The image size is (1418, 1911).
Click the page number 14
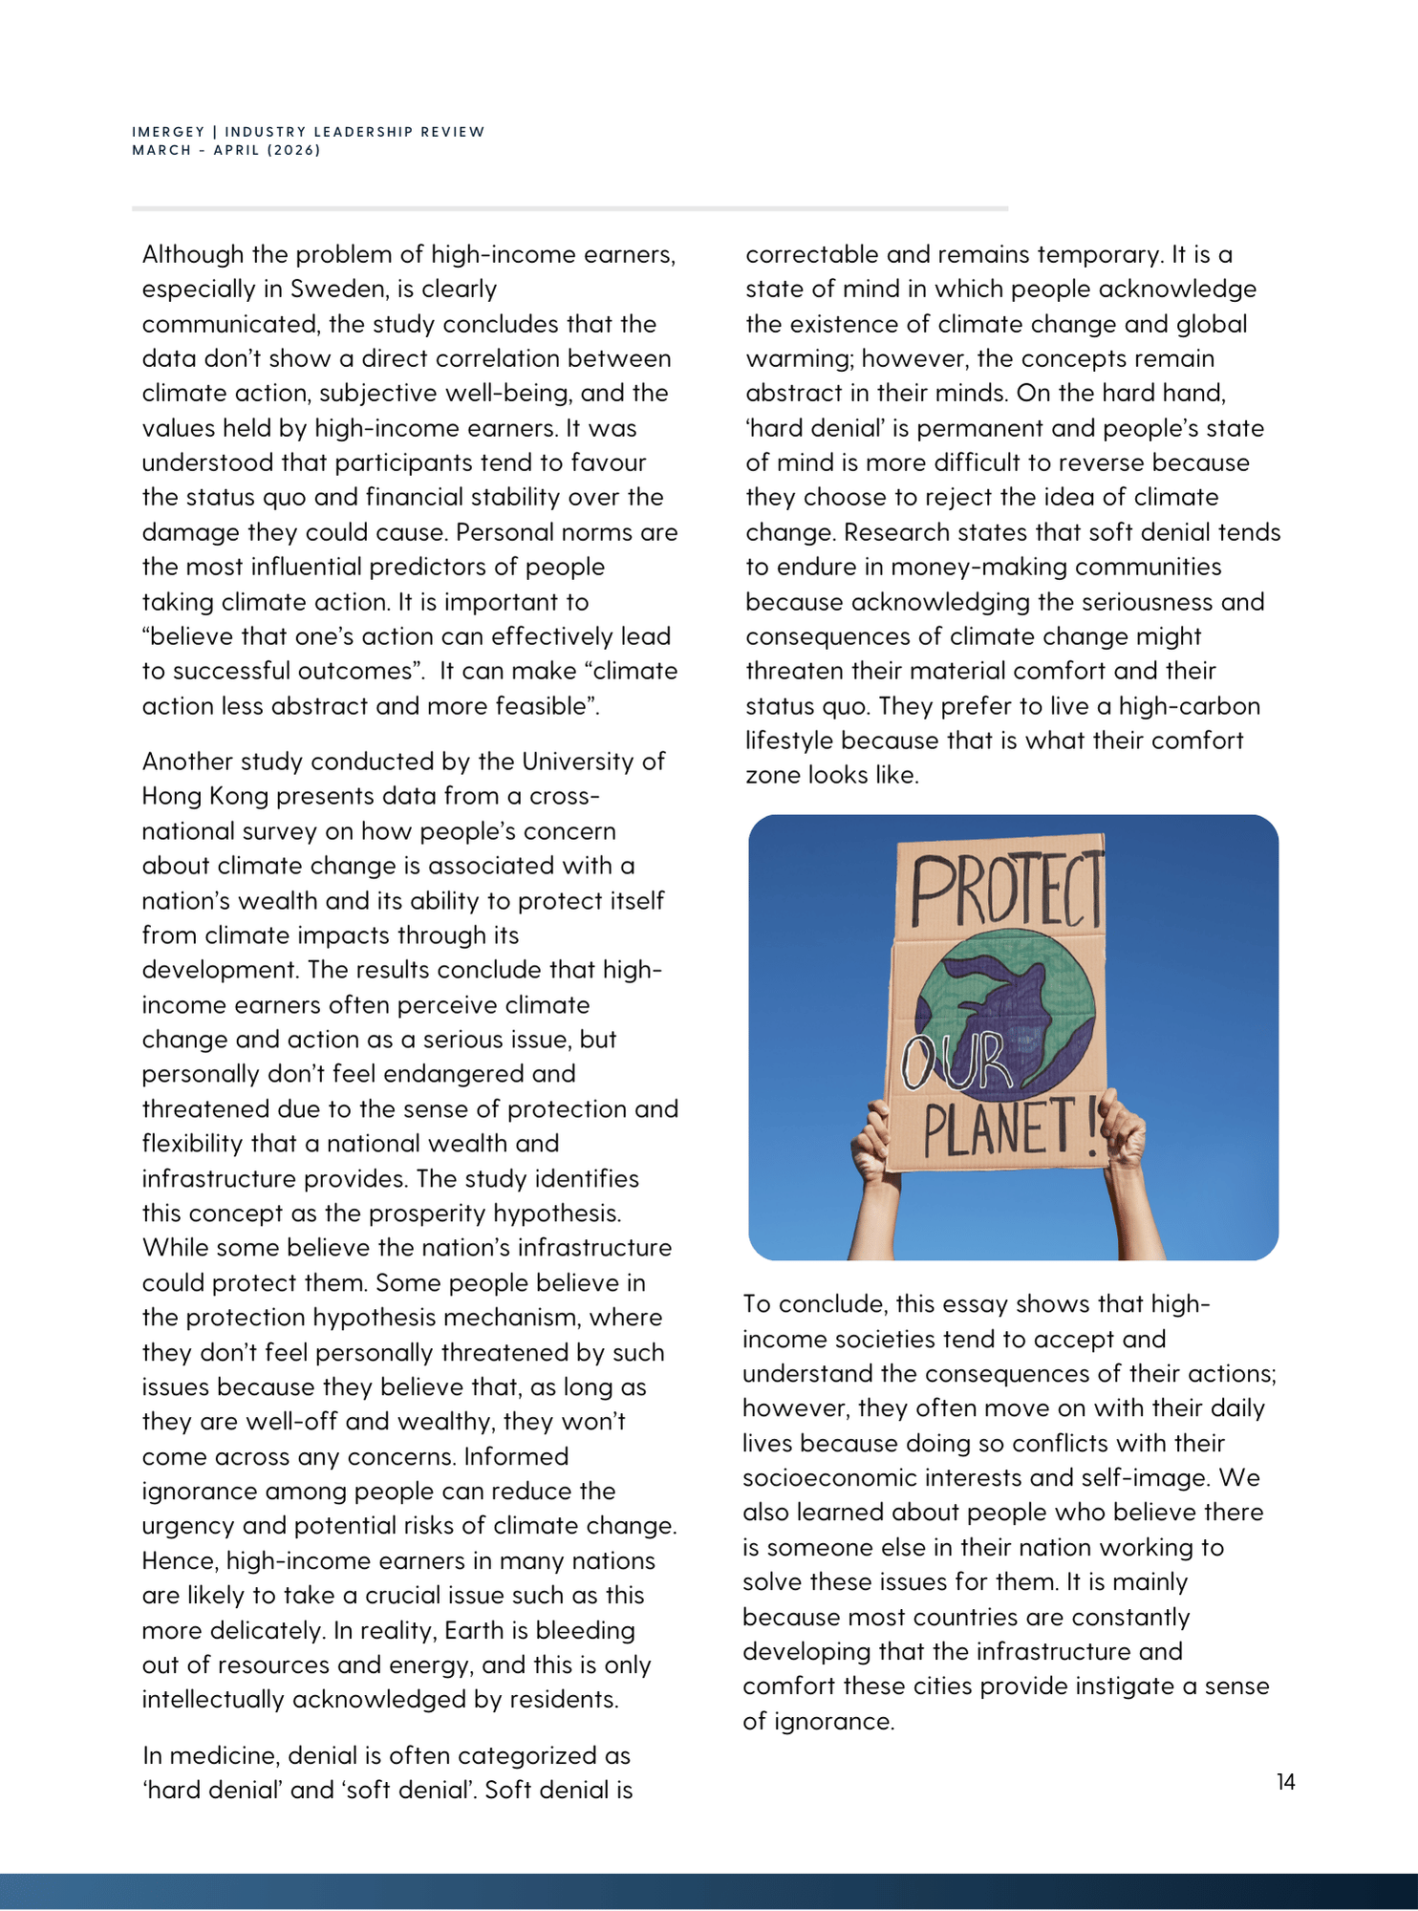click(1285, 1782)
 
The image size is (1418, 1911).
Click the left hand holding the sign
click(870, 1143)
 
